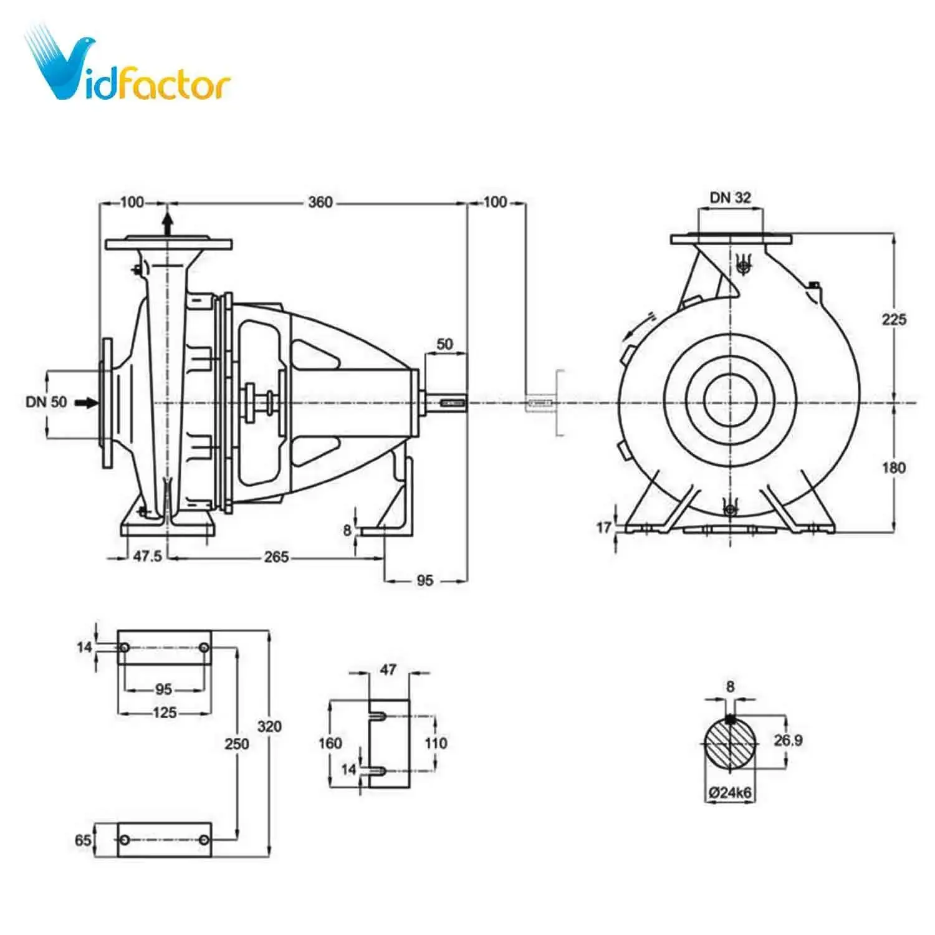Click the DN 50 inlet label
coord(46,402)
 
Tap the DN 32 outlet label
coord(731,198)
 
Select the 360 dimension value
coord(320,202)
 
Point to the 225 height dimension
coord(894,319)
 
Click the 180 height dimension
coord(894,467)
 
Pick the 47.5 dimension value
coord(147,556)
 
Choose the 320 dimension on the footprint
coord(269,726)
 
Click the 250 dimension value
coord(237,743)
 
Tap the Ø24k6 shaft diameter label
coord(731,793)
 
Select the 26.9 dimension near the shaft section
coord(788,741)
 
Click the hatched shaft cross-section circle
coord(731,745)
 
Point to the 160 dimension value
coord(330,743)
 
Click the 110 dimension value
coord(436,743)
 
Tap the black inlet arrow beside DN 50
coord(87,403)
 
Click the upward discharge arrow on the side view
coord(167,223)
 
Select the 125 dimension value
coord(165,712)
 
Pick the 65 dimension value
coord(83,840)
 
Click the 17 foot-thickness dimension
coord(603,528)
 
